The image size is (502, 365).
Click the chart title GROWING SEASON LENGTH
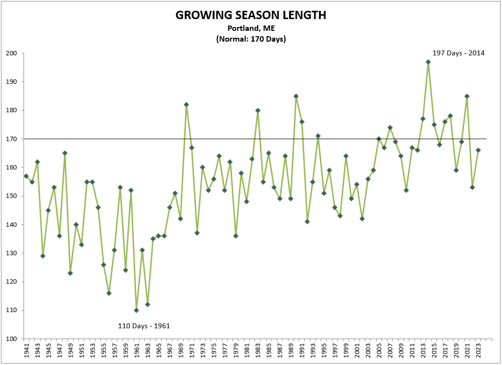click(251, 16)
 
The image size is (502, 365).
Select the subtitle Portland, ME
click(251, 29)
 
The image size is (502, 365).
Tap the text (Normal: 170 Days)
click(251, 39)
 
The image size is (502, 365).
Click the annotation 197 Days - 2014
click(458, 53)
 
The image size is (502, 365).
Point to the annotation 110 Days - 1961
click(144, 326)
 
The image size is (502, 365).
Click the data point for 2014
click(428, 62)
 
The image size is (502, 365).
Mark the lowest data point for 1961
click(136, 310)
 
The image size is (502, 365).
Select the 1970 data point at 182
click(186, 104)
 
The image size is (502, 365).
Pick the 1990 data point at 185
click(296, 96)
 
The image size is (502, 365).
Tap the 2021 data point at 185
click(467, 96)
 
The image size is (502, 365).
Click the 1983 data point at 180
click(258, 110)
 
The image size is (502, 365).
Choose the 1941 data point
click(26, 176)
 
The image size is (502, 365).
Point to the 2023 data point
click(478, 150)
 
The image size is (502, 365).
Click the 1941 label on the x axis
click(26, 352)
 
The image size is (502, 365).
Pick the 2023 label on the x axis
click(478, 352)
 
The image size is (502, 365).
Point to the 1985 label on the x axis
click(268, 352)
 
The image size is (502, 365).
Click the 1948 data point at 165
click(65, 153)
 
